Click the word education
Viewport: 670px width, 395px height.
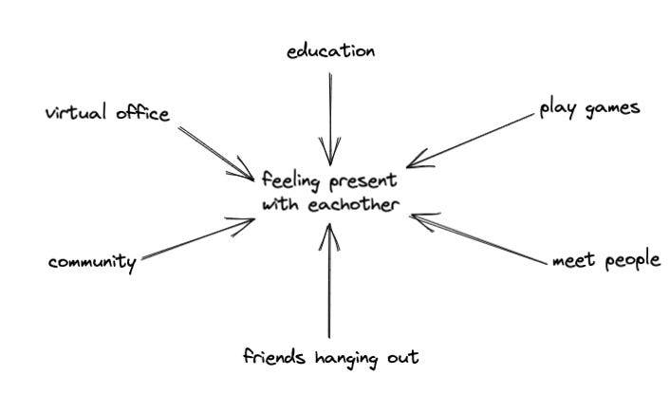(330, 52)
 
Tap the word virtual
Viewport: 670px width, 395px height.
(74, 114)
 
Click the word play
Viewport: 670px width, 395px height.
(556, 108)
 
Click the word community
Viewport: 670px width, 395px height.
(92, 262)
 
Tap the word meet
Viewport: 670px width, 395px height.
(572, 260)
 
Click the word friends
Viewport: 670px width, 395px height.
(272, 358)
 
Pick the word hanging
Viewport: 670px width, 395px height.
(344, 359)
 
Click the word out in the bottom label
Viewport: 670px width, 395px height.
(402, 358)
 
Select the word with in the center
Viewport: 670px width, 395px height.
(281, 204)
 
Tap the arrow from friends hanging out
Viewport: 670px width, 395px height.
(328, 285)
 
